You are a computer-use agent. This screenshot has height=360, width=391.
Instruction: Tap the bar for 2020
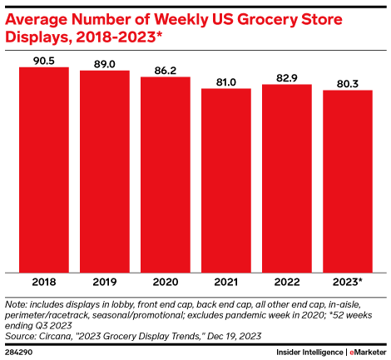166,174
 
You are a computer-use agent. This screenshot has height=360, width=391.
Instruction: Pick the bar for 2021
226,180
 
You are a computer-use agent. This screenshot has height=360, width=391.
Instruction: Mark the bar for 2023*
348,180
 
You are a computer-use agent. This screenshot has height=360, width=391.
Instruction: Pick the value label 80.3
348,82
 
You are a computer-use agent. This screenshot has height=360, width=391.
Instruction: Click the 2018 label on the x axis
44,283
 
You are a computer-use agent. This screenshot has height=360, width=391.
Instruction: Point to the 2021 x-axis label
226,283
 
